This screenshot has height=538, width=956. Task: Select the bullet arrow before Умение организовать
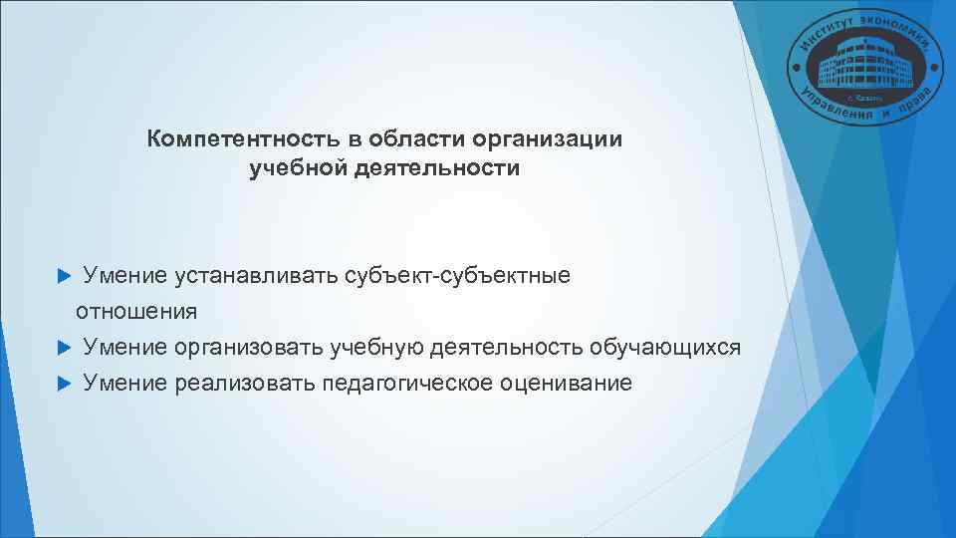pyautogui.click(x=65, y=347)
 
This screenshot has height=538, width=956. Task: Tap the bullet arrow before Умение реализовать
pyautogui.click(x=65, y=383)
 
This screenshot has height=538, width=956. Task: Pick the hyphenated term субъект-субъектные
pyautogui.click(x=458, y=275)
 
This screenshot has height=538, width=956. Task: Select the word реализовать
pyautogui.click(x=245, y=383)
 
